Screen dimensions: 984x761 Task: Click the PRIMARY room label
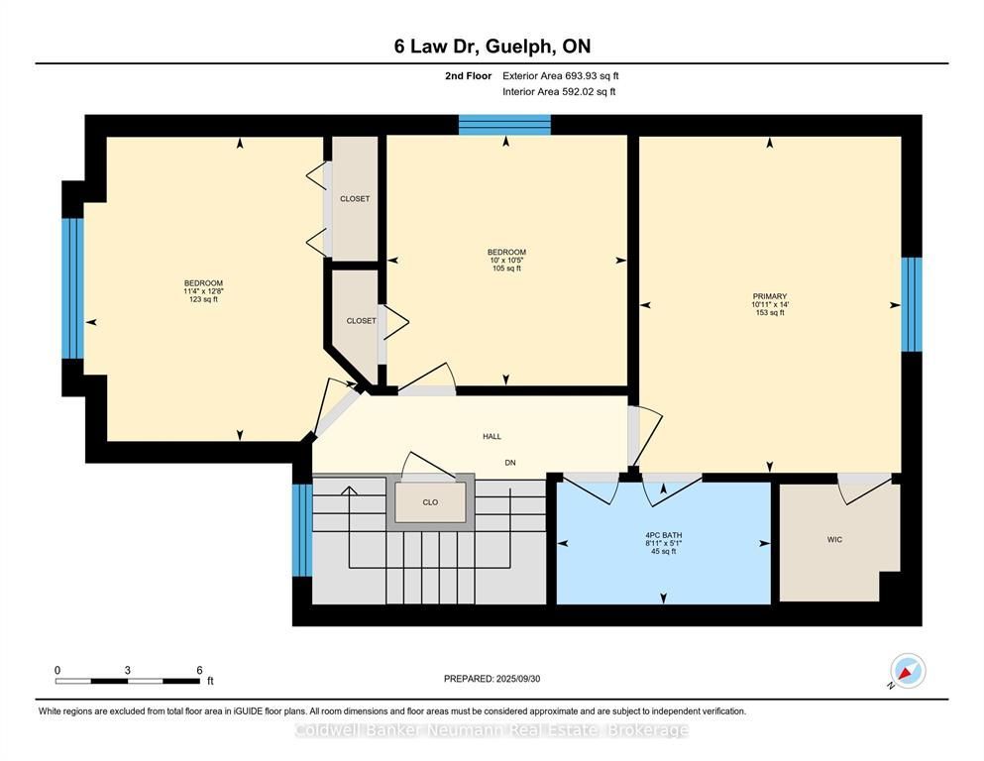pyautogui.click(x=769, y=296)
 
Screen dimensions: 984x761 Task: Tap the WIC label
pyautogui.click(x=834, y=540)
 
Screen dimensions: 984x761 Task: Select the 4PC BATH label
pyautogui.click(x=663, y=535)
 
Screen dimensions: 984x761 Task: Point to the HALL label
pyautogui.click(x=492, y=436)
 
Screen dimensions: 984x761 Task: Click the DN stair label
pyautogui.click(x=510, y=463)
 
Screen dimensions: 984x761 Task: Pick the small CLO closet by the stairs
pyautogui.click(x=430, y=502)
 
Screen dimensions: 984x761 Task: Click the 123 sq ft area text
pyautogui.click(x=203, y=299)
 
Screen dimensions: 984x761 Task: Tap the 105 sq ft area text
pyautogui.click(x=507, y=269)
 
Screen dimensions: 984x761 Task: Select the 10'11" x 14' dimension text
pyautogui.click(x=770, y=304)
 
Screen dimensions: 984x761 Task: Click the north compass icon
pyautogui.click(x=908, y=671)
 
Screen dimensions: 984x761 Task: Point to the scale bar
pyautogui.click(x=128, y=681)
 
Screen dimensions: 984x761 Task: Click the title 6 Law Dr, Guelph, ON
pyautogui.click(x=492, y=47)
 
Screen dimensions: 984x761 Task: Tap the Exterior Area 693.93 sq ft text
pyautogui.click(x=561, y=76)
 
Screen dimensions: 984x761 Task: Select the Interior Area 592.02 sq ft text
pyautogui.click(x=559, y=91)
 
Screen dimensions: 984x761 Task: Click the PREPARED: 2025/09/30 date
pyautogui.click(x=492, y=679)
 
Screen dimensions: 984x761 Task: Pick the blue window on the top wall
pyautogui.click(x=504, y=125)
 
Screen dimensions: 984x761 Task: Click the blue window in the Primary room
pyautogui.click(x=912, y=304)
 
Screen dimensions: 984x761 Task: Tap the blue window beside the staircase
pyautogui.click(x=302, y=530)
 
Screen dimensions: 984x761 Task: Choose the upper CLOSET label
pyautogui.click(x=355, y=199)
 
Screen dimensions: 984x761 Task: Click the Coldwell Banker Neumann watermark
pyautogui.click(x=492, y=730)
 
